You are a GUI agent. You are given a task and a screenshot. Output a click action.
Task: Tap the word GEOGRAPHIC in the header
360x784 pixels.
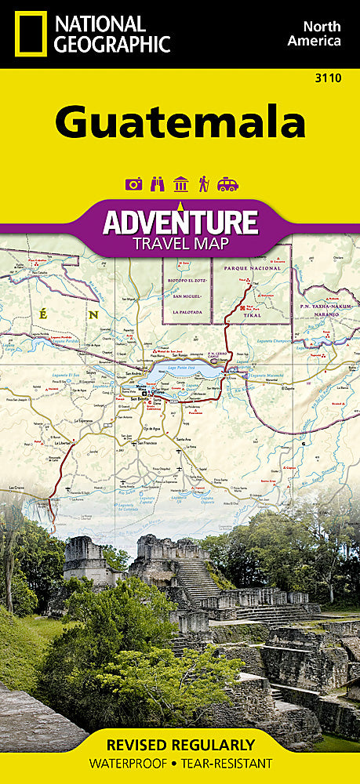(x=111, y=44)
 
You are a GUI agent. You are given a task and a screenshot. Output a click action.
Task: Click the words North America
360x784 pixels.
(x=314, y=34)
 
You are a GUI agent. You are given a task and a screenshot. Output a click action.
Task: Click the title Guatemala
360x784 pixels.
(x=180, y=122)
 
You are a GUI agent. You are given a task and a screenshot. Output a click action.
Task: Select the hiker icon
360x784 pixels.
(x=204, y=185)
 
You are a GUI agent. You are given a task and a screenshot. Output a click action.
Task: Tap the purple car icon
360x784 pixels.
(x=227, y=185)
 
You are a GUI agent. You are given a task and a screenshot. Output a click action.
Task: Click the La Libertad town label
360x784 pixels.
(x=64, y=444)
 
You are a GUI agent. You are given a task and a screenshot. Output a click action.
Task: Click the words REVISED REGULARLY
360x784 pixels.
(x=180, y=745)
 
